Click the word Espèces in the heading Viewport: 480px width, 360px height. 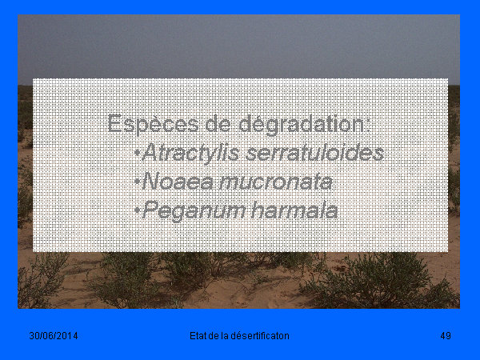click(x=153, y=124)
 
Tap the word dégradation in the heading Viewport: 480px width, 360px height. click(x=305, y=124)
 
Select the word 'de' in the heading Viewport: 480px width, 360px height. click(x=218, y=123)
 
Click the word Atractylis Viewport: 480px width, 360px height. click(x=190, y=153)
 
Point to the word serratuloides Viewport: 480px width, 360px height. click(x=314, y=153)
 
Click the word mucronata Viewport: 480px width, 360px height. click(x=276, y=182)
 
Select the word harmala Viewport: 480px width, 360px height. click(x=294, y=210)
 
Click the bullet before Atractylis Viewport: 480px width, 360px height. click(x=138, y=152)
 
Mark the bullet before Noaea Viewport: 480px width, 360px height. click(x=138, y=181)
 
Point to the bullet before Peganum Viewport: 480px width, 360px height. click(x=138, y=210)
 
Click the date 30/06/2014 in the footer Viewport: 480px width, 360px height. click(x=54, y=336)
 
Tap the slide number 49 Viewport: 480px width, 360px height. click(x=446, y=336)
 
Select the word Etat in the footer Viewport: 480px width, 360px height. click(x=198, y=336)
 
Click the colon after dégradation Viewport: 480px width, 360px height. click(x=368, y=126)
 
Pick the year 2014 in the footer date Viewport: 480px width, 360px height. click(x=67, y=336)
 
